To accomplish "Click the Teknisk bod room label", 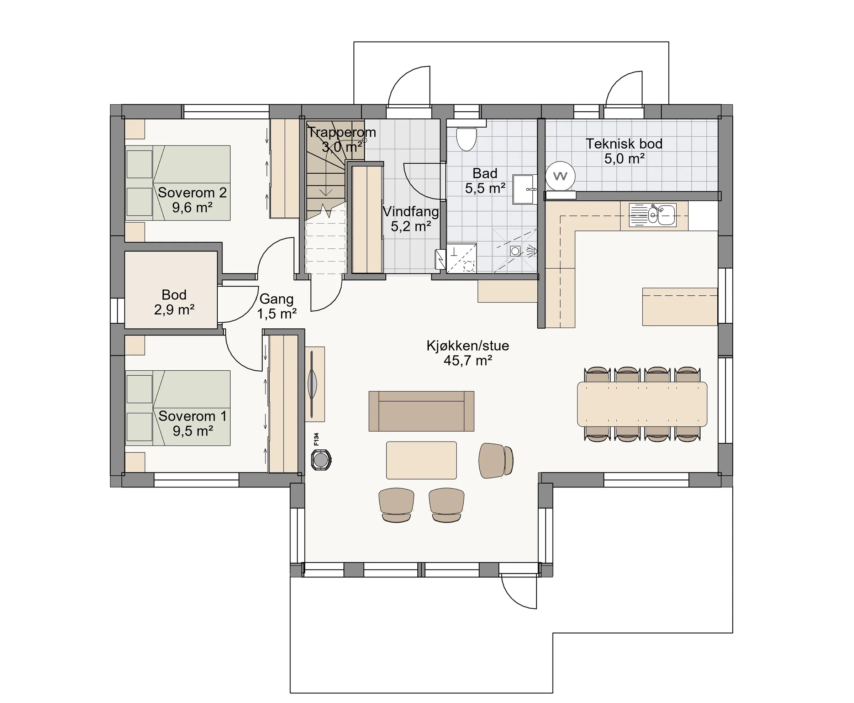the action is tap(624, 144).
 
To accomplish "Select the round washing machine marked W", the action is tap(560, 176).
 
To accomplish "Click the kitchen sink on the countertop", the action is tap(652, 215).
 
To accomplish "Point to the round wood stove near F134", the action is tap(321, 460).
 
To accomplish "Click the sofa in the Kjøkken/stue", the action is tap(421, 411).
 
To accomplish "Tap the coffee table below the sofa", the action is tap(421, 460).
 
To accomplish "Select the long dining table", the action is tap(642, 404).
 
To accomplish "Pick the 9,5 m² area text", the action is tap(193, 431).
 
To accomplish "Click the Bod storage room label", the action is tap(174, 295).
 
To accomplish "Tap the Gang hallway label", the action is tap(276, 299).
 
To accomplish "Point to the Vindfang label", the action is tap(411, 211).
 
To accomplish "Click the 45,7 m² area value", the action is tap(468, 360).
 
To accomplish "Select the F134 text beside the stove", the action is tap(316, 439).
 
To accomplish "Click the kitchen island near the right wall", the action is tap(680, 307).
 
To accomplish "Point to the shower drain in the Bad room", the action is tap(515, 251).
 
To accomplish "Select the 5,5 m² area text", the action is tap(485, 188).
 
